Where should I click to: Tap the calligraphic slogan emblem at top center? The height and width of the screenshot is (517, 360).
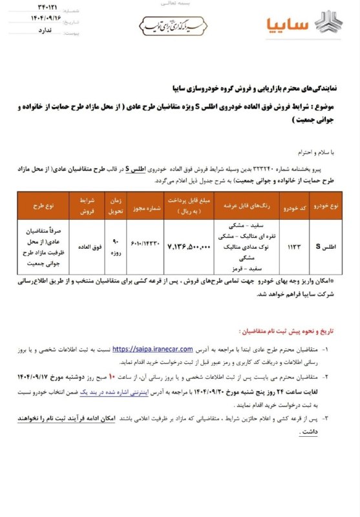176,25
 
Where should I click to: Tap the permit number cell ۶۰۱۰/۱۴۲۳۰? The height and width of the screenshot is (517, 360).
145,248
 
